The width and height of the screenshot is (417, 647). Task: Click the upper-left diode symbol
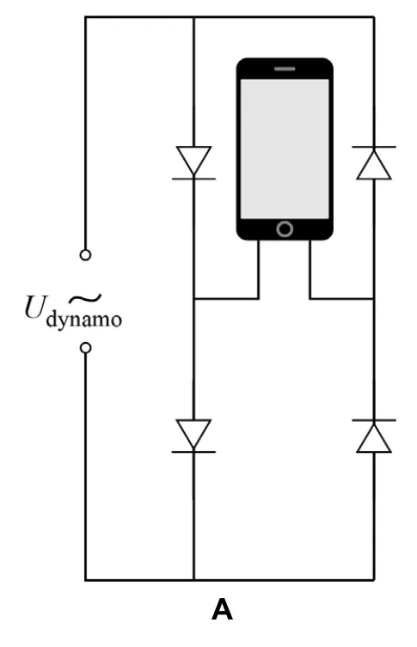pos(193,162)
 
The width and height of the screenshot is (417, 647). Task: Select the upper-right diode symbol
pos(374,162)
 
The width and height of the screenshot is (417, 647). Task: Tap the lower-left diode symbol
pos(193,436)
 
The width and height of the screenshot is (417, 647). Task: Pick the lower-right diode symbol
pos(374,436)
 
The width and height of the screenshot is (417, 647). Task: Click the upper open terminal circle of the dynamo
pos(85,255)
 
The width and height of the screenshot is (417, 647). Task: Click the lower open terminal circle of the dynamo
pos(85,348)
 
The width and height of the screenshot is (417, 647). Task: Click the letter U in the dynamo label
pos(34,307)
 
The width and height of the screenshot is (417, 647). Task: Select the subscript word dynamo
pos(83,320)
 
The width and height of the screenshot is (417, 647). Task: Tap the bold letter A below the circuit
pos(222,609)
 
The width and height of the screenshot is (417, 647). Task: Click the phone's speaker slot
pos(285,69)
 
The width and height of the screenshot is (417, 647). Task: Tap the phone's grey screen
pos(285,149)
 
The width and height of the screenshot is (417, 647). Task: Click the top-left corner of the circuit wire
pos(85,17)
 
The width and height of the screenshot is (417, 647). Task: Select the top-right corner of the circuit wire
pos(374,17)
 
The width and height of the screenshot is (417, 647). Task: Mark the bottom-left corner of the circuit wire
pos(85,580)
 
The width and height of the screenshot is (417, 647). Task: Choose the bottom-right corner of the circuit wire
pos(374,580)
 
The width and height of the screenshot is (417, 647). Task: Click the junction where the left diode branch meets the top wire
pos(193,17)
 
